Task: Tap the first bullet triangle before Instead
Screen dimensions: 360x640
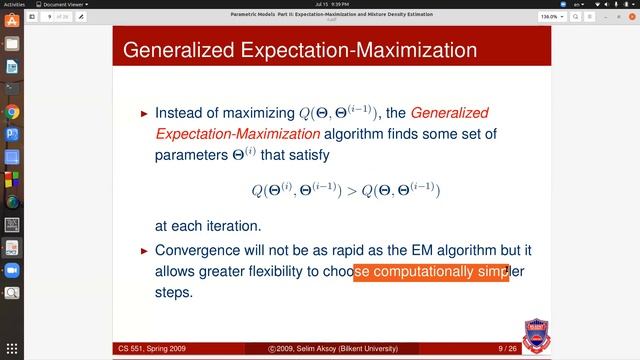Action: pos(144,114)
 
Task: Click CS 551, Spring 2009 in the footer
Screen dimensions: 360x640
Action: pos(158,348)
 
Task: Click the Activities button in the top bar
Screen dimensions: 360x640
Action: pos(20,5)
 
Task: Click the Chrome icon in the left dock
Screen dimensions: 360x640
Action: pos(11,112)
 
